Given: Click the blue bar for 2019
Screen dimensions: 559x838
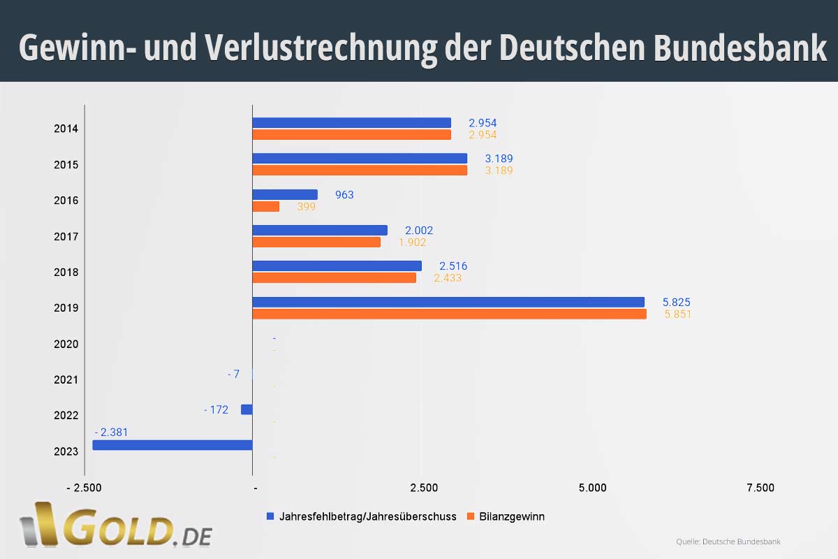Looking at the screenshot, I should (x=448, y=302).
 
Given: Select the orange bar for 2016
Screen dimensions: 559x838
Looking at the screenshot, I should (x=265, y=206).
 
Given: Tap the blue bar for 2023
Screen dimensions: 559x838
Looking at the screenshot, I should (x=172, y=445).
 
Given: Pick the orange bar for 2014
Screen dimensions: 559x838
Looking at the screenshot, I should (x=351, y=135).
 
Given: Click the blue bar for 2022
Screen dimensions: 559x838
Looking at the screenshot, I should (x=247, y=409).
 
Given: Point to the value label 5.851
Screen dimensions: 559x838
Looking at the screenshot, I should (x=677, y=314).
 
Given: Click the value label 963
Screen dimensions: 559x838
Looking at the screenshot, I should (x=344, y=195).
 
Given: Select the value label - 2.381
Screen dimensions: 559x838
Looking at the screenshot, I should (x=111, y=433).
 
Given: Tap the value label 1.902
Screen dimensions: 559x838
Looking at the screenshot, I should (x=412, y=242).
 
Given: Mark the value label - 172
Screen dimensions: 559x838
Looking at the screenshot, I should (x=216, y=409).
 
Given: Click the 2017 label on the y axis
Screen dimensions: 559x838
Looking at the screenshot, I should (x=66, y=236).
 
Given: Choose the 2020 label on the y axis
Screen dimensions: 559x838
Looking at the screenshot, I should (x=66, y=344).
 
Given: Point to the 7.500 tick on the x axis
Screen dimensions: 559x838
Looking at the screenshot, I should (x=760, y=488).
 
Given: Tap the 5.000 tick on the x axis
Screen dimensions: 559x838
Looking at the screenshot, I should (x=592, y=488).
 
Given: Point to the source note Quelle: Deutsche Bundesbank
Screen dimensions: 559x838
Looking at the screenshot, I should (x=728, y=542).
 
